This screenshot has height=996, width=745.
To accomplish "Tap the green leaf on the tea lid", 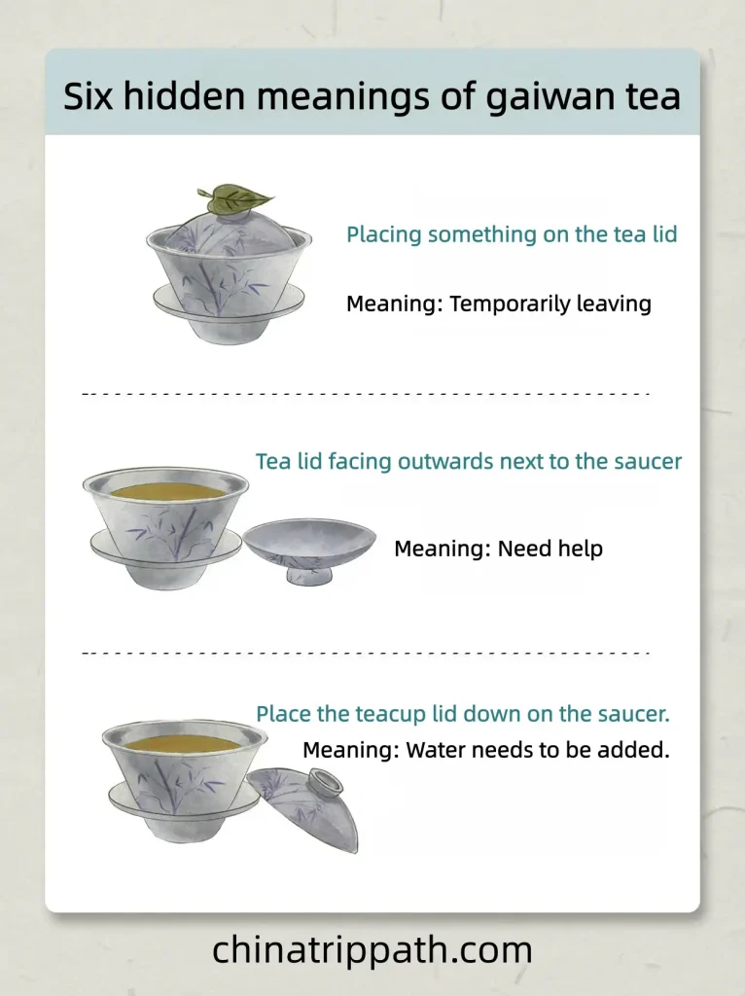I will pyautogui.click(x=234, y=199).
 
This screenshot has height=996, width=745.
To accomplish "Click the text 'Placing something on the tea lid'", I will pyautogui.click(x=512, y=234).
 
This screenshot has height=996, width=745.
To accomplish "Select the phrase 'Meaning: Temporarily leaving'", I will pyautogui.click(x=498, y=303).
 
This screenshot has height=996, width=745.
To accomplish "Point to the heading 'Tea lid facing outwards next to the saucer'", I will pyautogui.click(x=469, y=461).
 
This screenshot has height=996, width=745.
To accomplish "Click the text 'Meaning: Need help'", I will pyautogui.click(x=498, y=549).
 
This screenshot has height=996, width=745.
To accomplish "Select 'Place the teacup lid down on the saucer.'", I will pyautogui.click(x=463, y=714).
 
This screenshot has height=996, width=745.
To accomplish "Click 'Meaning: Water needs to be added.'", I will pyautogui.click(x=486, y=750).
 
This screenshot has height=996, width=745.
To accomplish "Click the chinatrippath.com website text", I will pyautogui.click(x=372, y=949).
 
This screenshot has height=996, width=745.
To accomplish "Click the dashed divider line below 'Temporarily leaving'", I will pyautogui.click(x=365, y=394).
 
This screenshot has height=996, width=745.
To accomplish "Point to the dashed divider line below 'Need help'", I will pyautogui.click(x=365, y=653).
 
